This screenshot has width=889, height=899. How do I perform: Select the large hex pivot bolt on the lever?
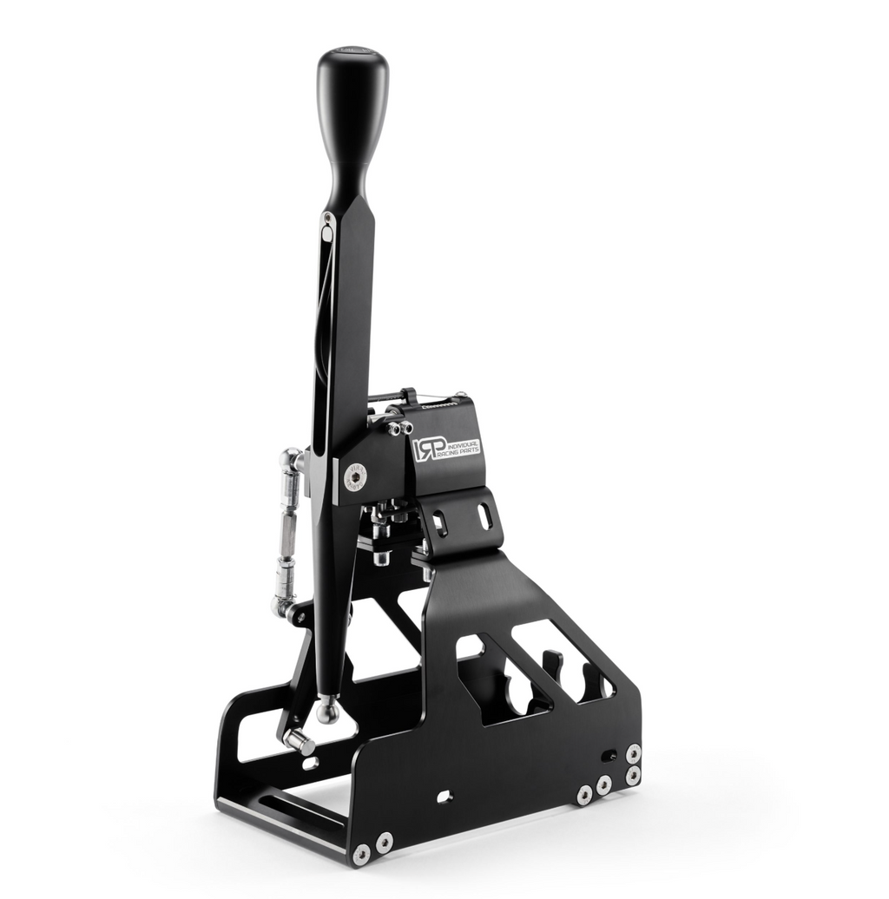[355, 475]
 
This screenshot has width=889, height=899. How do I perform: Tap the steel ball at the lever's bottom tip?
[327, 711]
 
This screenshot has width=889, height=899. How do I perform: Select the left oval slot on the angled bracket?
[440, 522]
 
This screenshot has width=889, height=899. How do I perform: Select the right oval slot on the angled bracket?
[484, 515]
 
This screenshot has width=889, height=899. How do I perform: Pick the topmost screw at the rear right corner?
[633, 752]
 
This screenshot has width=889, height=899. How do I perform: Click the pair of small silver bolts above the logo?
[399, 429]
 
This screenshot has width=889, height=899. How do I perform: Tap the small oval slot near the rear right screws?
[609, 756]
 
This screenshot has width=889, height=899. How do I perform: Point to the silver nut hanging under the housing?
[380, 558]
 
